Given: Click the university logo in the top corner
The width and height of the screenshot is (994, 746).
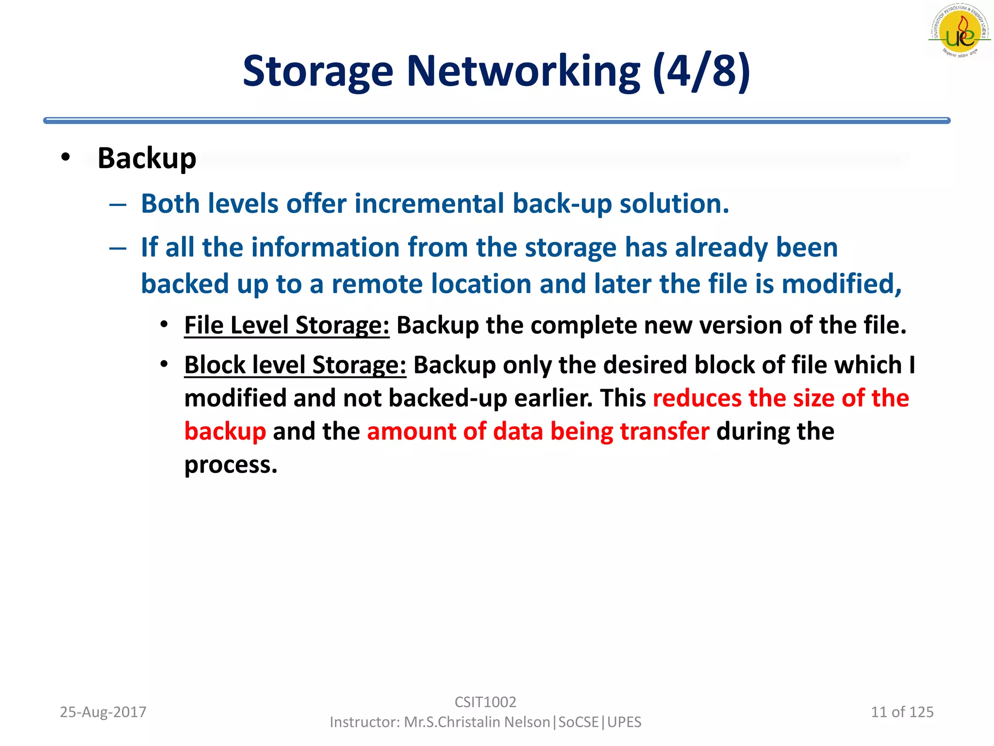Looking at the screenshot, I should (x=959, y=31).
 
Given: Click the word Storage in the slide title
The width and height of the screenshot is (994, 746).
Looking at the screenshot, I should (x=317, y=72).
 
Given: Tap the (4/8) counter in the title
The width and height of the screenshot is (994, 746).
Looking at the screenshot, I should (x=701, y=72).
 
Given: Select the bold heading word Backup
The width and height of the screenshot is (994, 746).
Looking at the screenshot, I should (x=147, y=158).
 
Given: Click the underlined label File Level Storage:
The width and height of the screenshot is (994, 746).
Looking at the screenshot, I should (x=286, y=325).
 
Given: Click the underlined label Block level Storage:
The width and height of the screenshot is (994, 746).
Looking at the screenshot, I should (x=295, y=365).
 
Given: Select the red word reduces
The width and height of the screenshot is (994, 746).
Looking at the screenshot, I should (x=697, y=398).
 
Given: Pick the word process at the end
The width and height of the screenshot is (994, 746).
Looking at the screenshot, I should (x=230, y=465).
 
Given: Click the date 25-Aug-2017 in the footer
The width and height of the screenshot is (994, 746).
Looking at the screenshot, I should (x=103, y=712).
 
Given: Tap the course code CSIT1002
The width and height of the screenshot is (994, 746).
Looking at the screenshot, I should (x=485, y=702).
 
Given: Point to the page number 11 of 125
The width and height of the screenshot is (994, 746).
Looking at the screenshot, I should (x=902, y=712).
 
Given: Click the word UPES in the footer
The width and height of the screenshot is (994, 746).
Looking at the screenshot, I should (x=624, y=722).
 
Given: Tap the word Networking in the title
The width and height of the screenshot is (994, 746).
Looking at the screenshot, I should (x=523, y=72).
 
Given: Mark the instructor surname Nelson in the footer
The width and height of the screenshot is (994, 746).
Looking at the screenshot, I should (x=527, y=722).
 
